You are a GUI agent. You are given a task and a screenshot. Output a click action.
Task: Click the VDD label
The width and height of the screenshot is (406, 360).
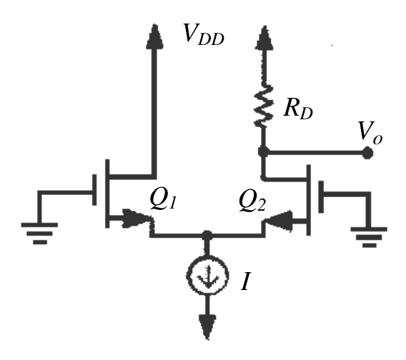[x=204, y=34]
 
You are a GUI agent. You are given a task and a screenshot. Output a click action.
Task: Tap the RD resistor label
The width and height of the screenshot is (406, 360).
[x=298, y=109]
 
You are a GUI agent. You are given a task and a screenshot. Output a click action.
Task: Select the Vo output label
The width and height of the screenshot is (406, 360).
[x=370, y=133]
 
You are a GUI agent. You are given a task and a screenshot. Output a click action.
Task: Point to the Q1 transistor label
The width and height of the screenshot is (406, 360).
[x=164, y=199]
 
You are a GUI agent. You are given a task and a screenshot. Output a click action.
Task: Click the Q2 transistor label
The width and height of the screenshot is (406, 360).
[x=252, y=201]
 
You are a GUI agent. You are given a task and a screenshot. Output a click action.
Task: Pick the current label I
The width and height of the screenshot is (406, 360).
[x=246, y=281]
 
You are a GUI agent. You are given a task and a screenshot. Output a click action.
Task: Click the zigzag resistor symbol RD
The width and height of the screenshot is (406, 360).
[x=264, y=106]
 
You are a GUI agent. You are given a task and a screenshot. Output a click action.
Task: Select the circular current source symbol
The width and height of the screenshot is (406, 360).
[x=207, y=276]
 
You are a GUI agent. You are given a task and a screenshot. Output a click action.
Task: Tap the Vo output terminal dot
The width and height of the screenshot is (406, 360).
[x=367, y=153]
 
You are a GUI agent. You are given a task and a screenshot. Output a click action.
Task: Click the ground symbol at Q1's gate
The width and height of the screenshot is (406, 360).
[x=39, y=233]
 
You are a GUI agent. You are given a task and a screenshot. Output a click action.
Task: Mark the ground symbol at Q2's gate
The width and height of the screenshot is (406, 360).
[x=369, y=237]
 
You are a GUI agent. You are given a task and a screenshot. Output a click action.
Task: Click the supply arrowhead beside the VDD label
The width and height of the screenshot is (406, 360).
[x=155, y=36]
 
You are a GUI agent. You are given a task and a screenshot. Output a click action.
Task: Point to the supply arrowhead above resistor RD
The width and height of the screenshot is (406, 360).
[x=264, y=38]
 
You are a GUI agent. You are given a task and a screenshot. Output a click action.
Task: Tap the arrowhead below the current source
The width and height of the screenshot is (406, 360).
[x=207, y=327]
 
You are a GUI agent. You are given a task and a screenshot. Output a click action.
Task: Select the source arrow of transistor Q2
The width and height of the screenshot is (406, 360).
[x=279, y=221]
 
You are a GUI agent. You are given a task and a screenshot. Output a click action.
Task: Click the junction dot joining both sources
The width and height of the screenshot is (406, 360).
[x=207, y=236]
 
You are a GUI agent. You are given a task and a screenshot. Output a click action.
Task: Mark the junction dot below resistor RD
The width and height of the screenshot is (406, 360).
[x=263, y=151]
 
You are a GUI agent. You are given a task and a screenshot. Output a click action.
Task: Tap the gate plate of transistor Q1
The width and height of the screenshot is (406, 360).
[x=94, y=190]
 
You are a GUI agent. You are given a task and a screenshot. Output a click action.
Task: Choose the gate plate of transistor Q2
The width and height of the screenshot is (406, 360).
[x=321, y=196]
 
